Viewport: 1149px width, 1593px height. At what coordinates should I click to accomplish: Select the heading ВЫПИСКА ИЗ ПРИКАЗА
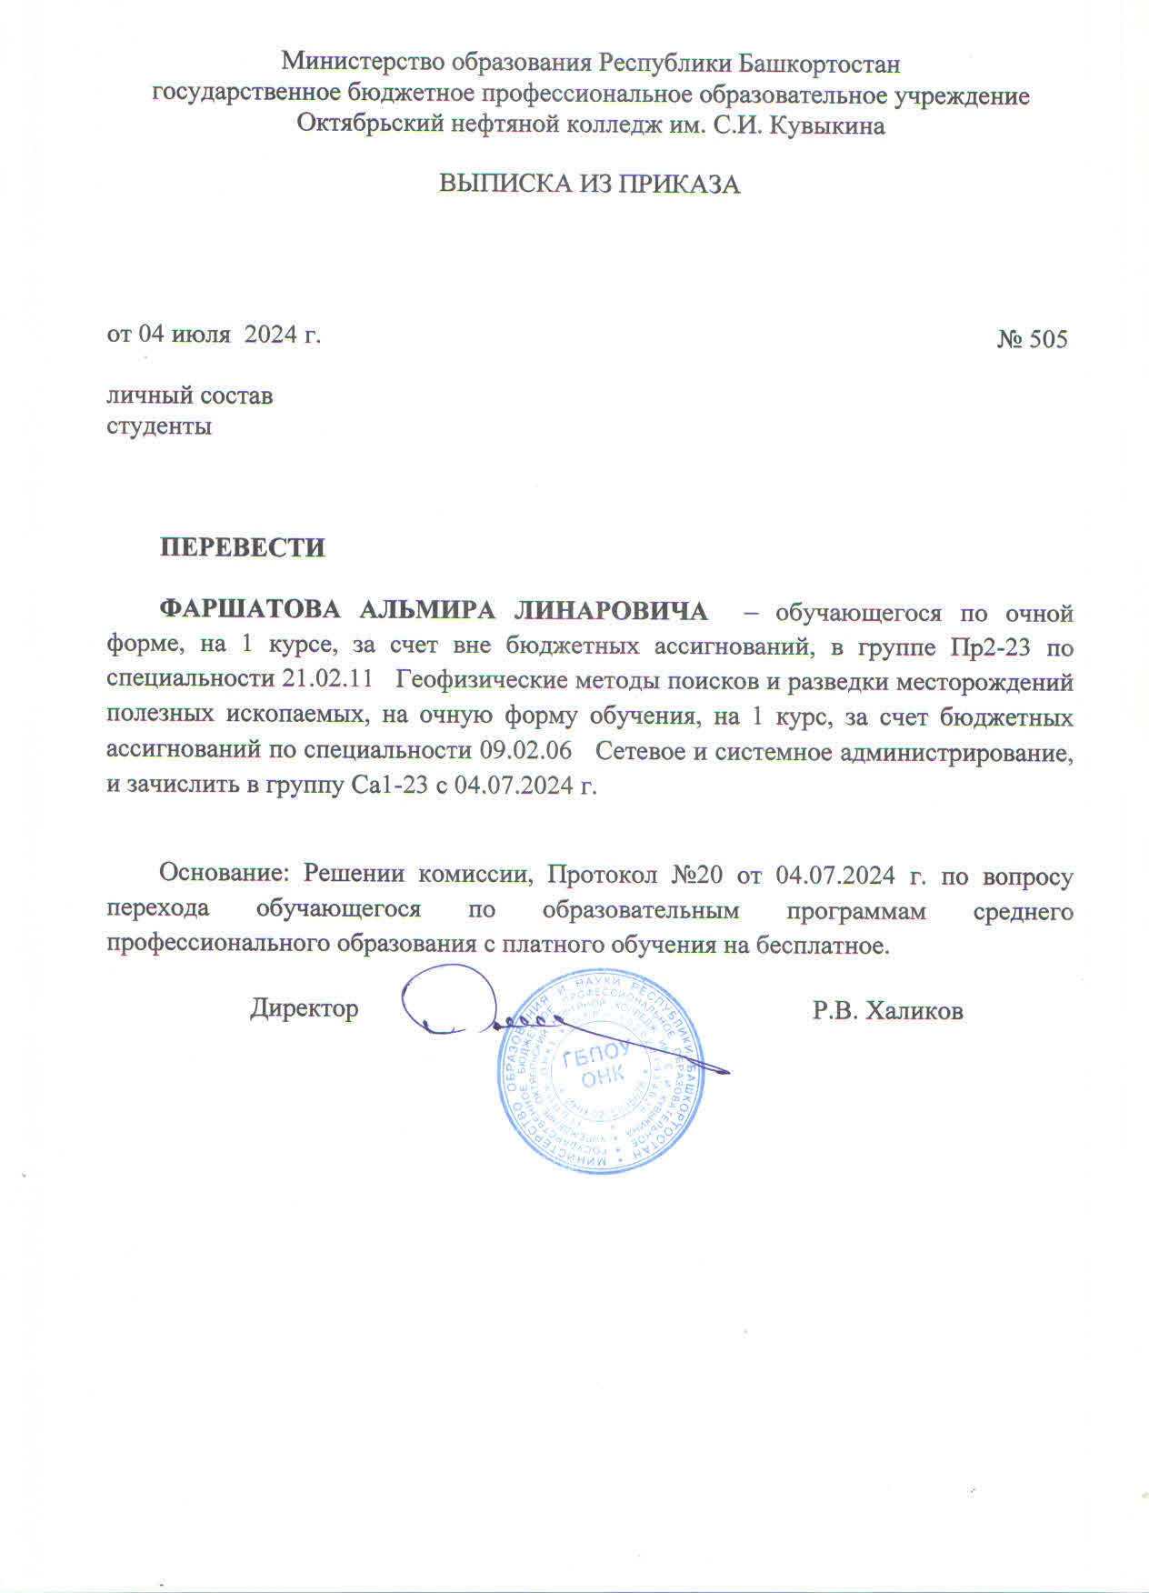tap(589, 185)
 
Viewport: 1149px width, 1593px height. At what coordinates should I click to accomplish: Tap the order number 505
tap(1048, 340)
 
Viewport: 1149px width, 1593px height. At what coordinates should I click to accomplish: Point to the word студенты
tap(159, 426)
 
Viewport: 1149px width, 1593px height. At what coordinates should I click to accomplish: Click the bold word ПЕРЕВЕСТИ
tap(242, 548)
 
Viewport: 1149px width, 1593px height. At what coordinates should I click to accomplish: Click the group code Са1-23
tap(390, 786)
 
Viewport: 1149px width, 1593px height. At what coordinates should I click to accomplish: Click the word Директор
tap(305, 1009)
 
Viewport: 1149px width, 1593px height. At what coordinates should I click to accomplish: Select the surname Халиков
tap(914, 1011)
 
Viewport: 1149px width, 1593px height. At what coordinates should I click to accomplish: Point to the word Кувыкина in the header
tap(829, 125)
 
